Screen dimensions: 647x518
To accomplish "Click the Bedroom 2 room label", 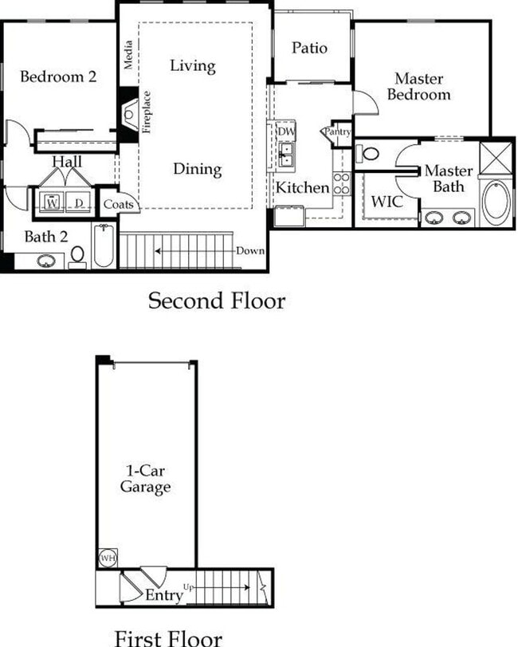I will (58, 77).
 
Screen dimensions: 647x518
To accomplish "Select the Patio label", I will (309, 48).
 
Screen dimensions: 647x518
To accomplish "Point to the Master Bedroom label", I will (422, 87).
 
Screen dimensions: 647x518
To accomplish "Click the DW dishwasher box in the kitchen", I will (286, 131).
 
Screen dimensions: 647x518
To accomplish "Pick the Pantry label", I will (336, 131).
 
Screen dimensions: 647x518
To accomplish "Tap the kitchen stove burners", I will (341, 183).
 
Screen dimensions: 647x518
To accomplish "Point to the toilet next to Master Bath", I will (367, 153).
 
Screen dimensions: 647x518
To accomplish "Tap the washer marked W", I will (52, 202).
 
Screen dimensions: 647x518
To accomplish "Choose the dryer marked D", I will (79, 202).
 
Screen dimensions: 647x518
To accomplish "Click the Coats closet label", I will (117, 205).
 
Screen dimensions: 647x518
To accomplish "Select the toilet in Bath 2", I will (78, 255).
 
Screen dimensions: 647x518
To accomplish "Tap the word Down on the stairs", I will (249, 251).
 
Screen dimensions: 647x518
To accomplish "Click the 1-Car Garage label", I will (145, 479).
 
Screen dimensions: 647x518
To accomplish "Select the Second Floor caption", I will (216, 301).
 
